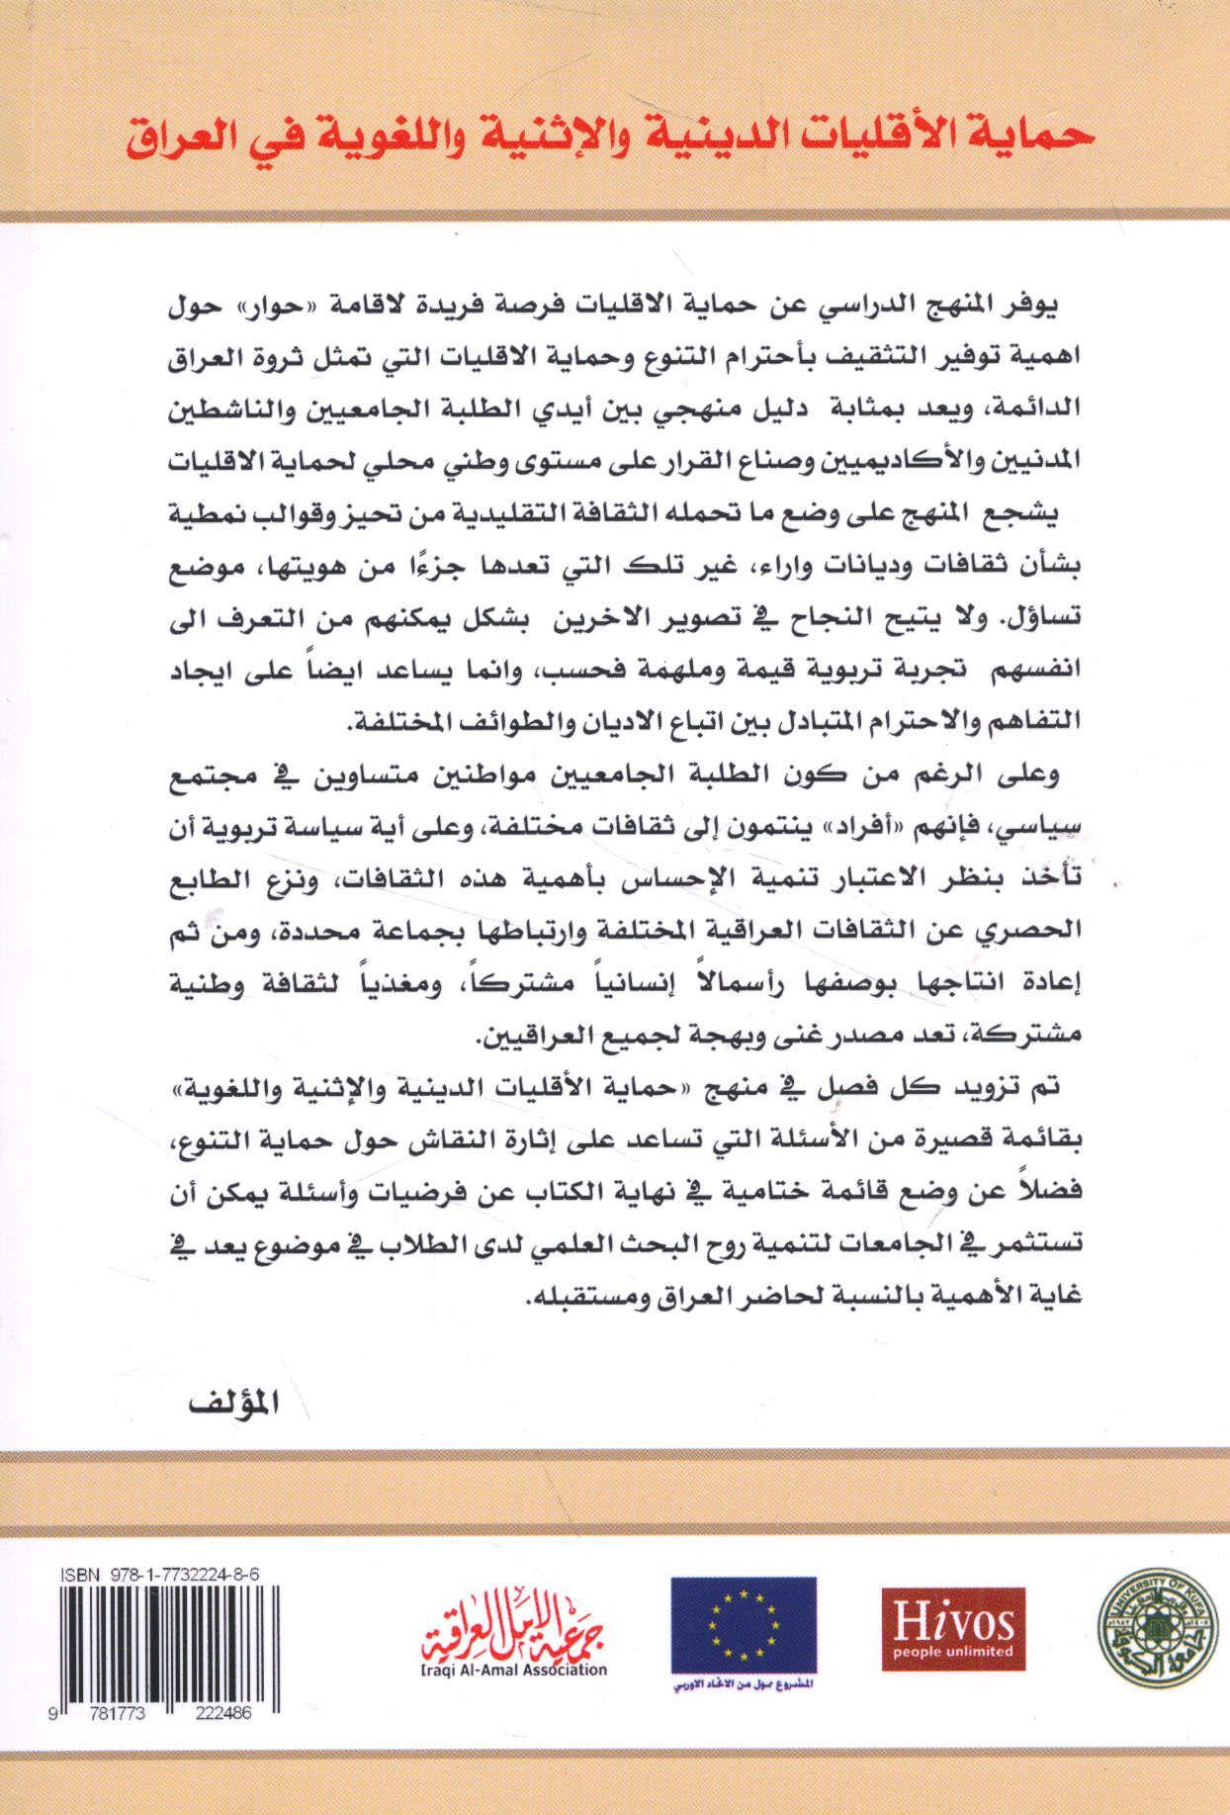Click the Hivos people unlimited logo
pos(952,1628)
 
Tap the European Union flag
pos(744,1625)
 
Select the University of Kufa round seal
pos(1158,1628)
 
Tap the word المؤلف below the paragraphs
pos(233,1405)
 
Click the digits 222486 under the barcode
pos(220,1713)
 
